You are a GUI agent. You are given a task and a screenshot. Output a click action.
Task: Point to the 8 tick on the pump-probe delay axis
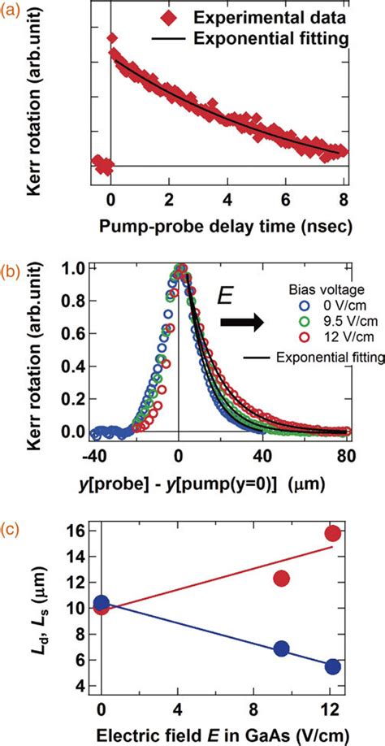coord(344,200)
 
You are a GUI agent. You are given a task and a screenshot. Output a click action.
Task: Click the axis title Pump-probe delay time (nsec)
coord(214,228)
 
